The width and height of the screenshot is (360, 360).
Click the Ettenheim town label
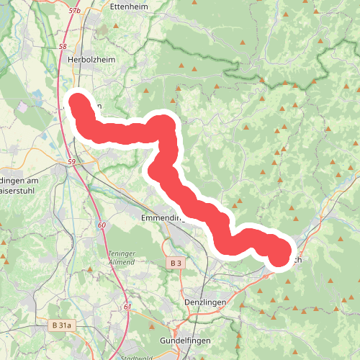(x=130, y=6)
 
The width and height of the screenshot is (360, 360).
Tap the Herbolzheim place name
(x=91, y=62)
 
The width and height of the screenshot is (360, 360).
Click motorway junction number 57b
(x=74, y=12)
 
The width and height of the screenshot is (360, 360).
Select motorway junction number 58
(x=63, y=47)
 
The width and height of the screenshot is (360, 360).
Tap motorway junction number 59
(x=71, y=162)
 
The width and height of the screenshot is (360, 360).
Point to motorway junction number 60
(x=102, y=225)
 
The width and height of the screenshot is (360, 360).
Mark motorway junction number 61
(x=127, y=307)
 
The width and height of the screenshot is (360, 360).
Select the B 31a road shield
(x=62, y=325)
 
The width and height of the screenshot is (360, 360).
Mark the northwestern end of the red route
(x=77, y=102)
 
